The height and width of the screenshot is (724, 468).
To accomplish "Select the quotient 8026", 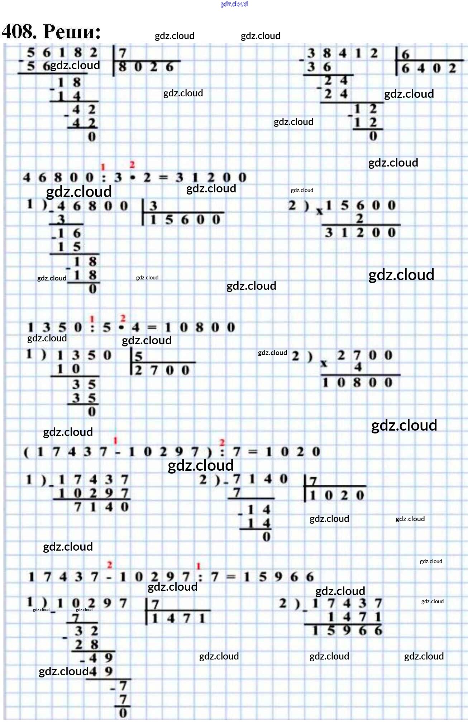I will pos(146,67).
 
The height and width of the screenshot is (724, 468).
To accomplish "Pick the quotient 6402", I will pos(428,68).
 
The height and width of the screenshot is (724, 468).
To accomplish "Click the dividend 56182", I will pos(62,53).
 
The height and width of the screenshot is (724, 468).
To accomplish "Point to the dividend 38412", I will pos(342,53).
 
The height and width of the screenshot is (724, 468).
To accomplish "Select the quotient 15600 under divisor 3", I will pos(185,220).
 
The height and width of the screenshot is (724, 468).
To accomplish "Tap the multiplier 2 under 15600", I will pos(359,218).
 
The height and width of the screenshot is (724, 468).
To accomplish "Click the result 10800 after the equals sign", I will pos(199,327).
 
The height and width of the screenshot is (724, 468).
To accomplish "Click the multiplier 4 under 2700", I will pos(358,367).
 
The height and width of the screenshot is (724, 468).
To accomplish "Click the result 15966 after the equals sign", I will pos(278,577).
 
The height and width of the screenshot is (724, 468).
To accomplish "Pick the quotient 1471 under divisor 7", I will pos(178,618).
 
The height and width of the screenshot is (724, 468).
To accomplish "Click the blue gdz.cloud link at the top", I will pos(234,4).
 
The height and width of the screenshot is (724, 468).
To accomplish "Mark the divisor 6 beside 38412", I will pos(405,54).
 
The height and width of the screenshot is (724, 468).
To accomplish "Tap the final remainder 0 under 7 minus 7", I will pos(123,713).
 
